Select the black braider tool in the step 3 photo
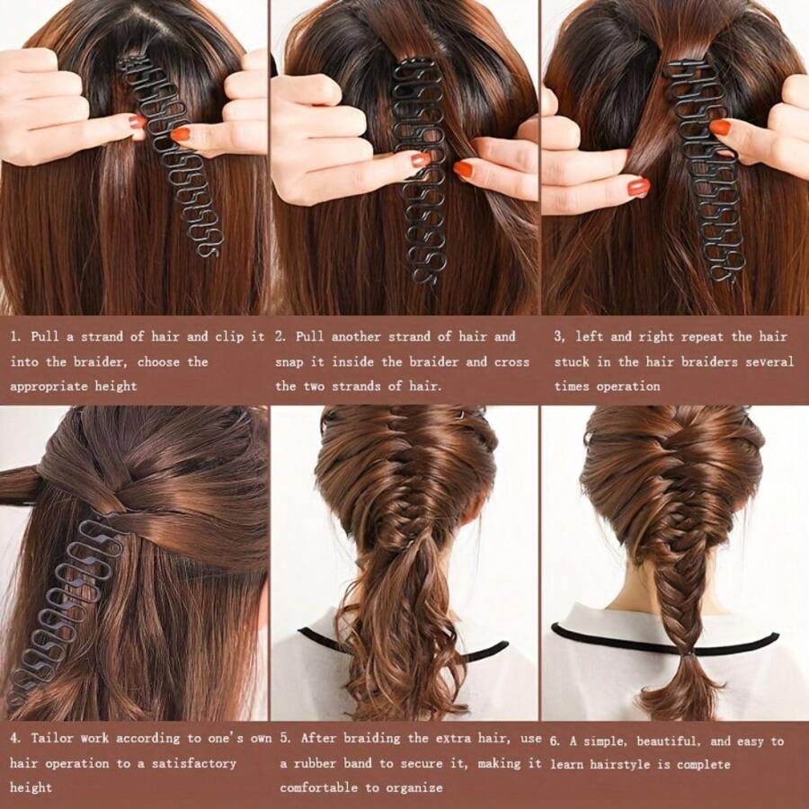pos(706,171)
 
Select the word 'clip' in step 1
pos(230,337)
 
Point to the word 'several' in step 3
pos(769,362)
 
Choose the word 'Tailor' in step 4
pos(52,739)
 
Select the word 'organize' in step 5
pos(413,787)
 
